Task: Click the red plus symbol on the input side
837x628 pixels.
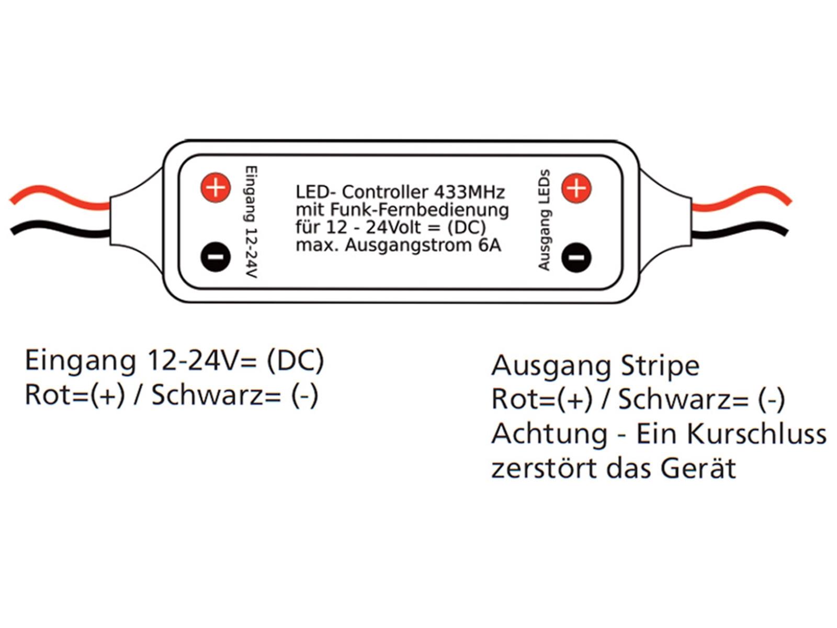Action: tap(216, 187)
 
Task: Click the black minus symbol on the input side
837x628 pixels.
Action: tap(216, 256)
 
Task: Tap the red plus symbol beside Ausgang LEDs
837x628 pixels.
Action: tap(576, 187)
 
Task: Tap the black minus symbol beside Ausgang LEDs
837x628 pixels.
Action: tap(576, 257)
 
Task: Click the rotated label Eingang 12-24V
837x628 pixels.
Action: tap(252, 222)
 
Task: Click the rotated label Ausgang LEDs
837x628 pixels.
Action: tap(545, 220)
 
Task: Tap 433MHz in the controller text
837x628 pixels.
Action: tap(469, 192)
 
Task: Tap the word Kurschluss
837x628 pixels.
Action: tap(756, 433)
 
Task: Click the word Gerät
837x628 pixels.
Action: tap(698, 468)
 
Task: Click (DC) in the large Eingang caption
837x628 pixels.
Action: tap(295, 361)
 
